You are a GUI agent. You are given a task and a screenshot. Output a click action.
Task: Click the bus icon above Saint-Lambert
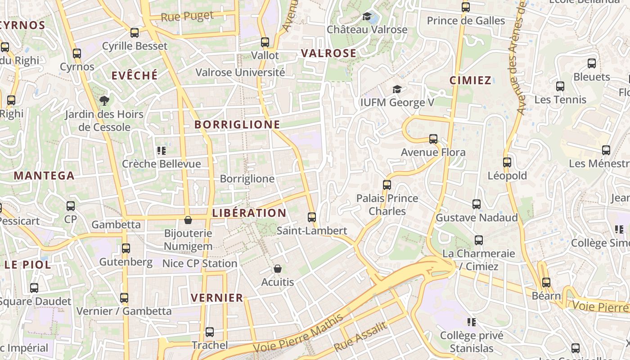click(x=311, y=217)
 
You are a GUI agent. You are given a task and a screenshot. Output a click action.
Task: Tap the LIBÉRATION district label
click(x=249, y=213)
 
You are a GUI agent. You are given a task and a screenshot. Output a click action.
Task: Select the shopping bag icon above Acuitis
click(x=278, y=269)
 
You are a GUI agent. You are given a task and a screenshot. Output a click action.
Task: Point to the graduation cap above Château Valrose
click(x=367, y=17)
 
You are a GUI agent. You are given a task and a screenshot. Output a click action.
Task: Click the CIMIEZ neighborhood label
click(x=470, y=81)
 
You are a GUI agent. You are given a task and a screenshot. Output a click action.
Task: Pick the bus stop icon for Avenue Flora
click(x=433, y=139)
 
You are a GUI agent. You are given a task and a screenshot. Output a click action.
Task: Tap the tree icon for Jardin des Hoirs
click(x=104, y=100)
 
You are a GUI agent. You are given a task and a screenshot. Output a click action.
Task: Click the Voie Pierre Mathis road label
click(x=298, y=333)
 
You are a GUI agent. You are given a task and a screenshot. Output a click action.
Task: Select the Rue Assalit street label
click(x=360, y=337)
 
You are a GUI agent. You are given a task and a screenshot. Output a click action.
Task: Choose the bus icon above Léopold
click(x=507, y=162)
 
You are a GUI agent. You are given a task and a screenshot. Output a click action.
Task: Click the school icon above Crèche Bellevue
click(x=161, y=150)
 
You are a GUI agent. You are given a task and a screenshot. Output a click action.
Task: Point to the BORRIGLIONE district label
click(x=237, y=125)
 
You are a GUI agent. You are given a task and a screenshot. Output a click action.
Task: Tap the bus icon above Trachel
click(x=210, y=332)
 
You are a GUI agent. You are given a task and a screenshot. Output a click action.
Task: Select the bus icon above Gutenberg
click(x=126, y=248)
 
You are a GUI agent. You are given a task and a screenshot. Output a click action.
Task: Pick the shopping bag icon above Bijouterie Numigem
click(x=188, y=220)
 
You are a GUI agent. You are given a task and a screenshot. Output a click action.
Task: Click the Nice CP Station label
click(x=199, y=263)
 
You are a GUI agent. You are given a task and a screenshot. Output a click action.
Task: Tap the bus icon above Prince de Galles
click(x=466, y=7)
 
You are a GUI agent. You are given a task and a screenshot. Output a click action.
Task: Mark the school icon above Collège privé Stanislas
click(x=472, y=322)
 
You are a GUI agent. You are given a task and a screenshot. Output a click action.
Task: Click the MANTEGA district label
click(x=44, y=175)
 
